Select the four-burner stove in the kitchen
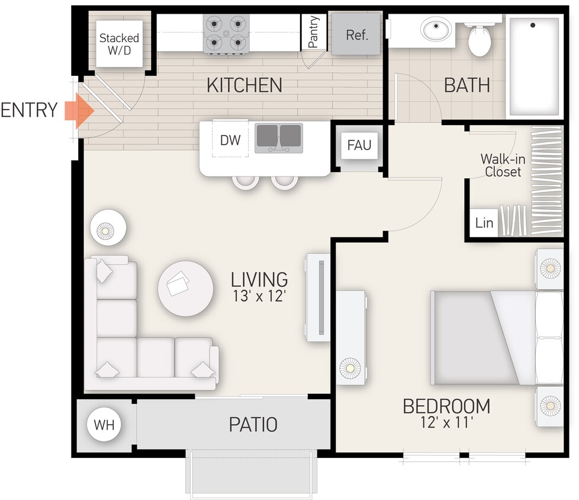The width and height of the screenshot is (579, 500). [x=226, y=34]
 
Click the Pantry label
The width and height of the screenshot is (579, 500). [x=314, y=31]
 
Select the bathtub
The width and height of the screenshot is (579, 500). [x=533, y=66]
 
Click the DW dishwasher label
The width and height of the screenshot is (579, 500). [x=230, y=140]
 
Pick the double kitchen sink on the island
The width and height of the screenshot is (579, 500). [x=279, y=137]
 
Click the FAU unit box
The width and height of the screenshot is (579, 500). [x=359, y=145]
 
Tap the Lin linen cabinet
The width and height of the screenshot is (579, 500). [x=484, y=223]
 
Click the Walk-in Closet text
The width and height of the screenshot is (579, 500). [x=501, y=165]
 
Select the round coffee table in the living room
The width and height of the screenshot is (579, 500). [x=185, y=289]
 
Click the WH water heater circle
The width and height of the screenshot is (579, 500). [x=104, y=425]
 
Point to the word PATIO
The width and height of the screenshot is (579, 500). [x=253, y=424]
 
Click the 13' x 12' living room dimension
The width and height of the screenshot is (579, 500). [x=259, y=296]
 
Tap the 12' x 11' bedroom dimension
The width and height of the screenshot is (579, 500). [x=446, y=424]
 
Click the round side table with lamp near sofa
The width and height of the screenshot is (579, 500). [x=107, y=227]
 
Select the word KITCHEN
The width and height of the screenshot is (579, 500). [x=244, y=85]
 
